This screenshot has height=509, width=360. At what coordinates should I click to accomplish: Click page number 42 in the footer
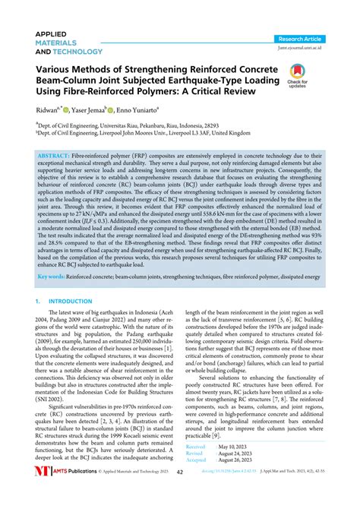pyautogui.click(x=179, y=492)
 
